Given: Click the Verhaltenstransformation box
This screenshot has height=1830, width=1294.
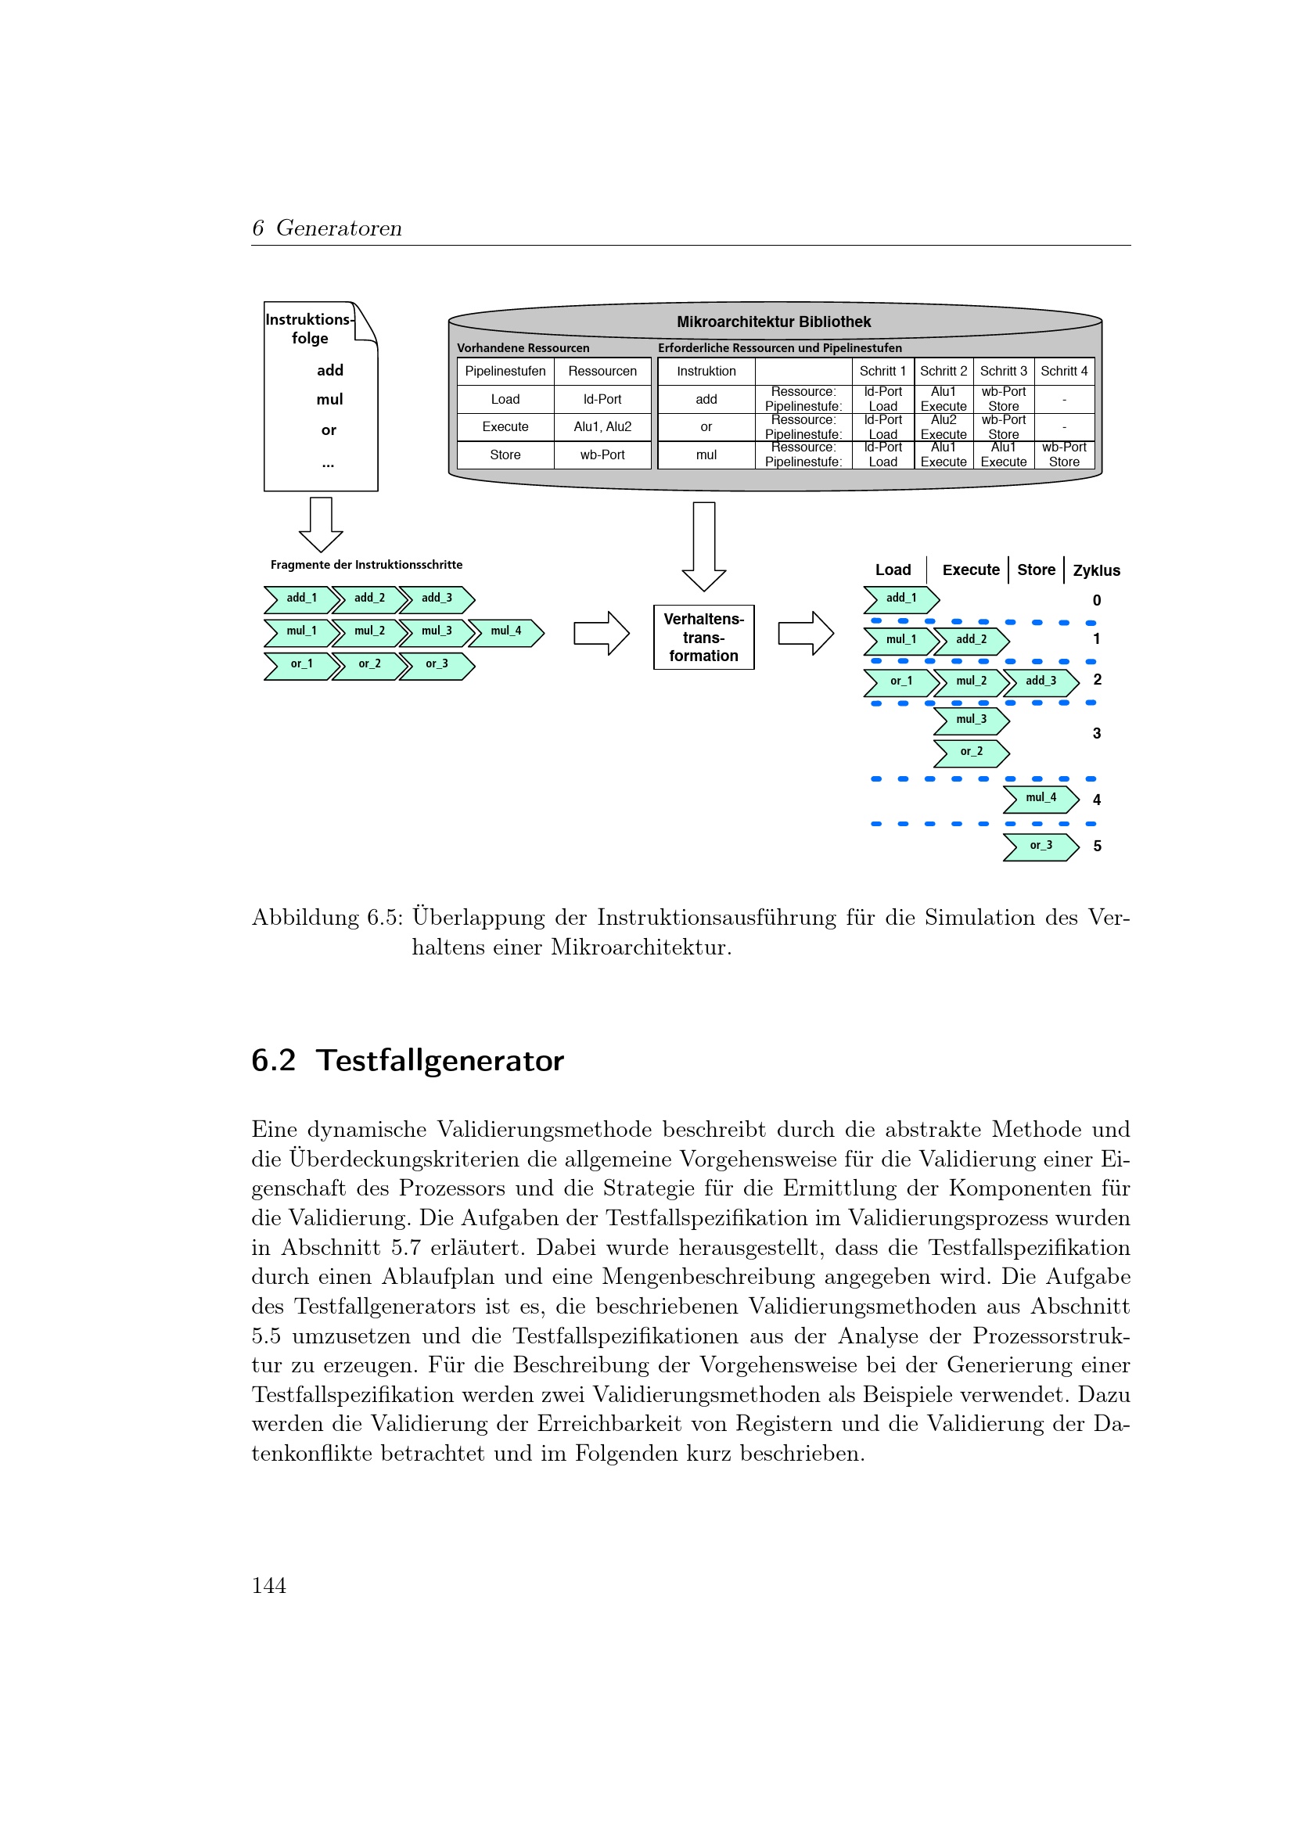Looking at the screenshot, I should [x=703, y=637].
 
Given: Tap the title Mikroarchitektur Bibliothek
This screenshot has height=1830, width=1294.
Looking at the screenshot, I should [x=773, y=322].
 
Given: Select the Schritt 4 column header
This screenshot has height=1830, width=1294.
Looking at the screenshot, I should [x=1063, y=372].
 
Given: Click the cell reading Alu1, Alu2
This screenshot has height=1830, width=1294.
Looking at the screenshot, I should [x=602, y=427].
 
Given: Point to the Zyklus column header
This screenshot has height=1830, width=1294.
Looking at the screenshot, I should [x=1095, y=570].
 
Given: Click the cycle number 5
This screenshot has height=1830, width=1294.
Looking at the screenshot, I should [x=1096, y=847].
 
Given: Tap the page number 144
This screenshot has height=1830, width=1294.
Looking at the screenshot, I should [x=268, y=1585].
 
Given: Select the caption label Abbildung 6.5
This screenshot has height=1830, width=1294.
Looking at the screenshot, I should [x=327, y=919].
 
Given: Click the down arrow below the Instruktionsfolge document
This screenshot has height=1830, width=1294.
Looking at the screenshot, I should [x=320, y=524].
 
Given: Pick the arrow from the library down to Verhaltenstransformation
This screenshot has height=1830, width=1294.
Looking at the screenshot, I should [x=703, y=546].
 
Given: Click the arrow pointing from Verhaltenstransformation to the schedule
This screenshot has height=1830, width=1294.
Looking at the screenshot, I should [x=806, y=634].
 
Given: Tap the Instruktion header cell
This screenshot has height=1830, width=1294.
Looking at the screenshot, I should [x=706, y=372].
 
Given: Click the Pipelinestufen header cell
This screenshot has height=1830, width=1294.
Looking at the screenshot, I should [x=505, y=372].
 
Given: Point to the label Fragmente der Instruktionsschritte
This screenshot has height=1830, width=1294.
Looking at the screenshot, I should [x=365, y=565].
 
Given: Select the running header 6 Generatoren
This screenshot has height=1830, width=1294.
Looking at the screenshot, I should [x=327, y=228].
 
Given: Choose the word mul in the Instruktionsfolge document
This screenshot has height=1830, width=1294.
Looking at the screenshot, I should [x=329, y=400].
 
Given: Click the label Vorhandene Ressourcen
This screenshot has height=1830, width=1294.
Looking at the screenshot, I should [x=523, y=348].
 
